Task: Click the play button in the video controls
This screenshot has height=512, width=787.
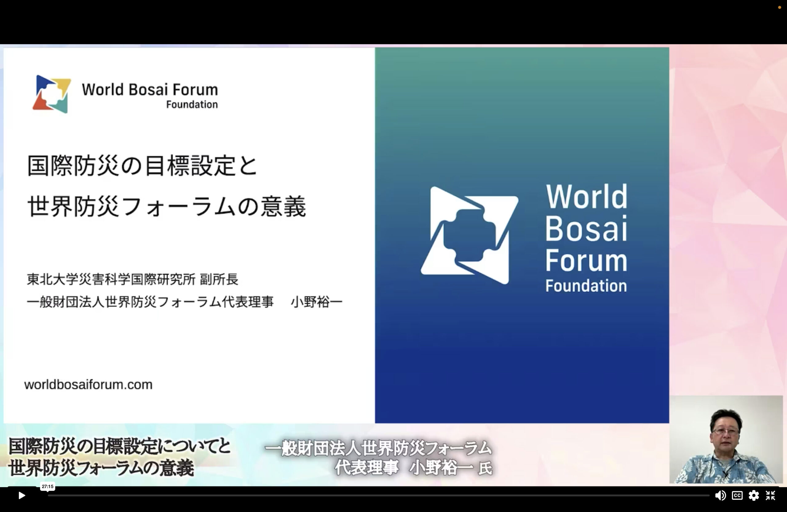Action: (x=22, y=495)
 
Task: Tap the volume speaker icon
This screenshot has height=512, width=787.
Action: (x=720, y=495)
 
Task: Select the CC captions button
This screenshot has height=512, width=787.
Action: (x=737, y=495)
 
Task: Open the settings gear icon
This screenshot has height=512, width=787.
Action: (x=753, y=495)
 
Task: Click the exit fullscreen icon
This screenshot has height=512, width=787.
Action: (x=770, y=495)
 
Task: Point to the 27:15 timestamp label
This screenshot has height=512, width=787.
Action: (x=48, y=486)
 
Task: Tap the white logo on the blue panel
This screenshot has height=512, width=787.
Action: (x=469, y=235)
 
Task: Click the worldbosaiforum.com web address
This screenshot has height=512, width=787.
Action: (x=88, y=385)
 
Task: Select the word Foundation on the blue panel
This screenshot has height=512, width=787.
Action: (x=586, y=286)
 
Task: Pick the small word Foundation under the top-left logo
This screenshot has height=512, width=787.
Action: (x=192, y=105)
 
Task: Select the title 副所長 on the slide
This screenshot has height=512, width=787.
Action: (x=219, y=280)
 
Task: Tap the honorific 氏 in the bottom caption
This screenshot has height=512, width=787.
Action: (x=485, y=468)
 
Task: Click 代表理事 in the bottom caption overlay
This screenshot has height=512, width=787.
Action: (x=367, y=468)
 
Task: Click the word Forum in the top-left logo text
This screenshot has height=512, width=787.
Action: (x=195, y=89)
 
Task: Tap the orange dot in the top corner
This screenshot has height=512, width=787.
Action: (x=779, y=7)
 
